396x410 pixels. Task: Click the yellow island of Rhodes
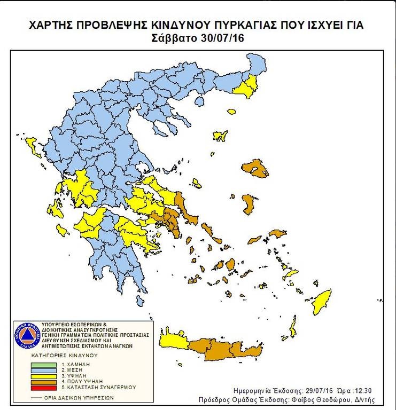point(323,299)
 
